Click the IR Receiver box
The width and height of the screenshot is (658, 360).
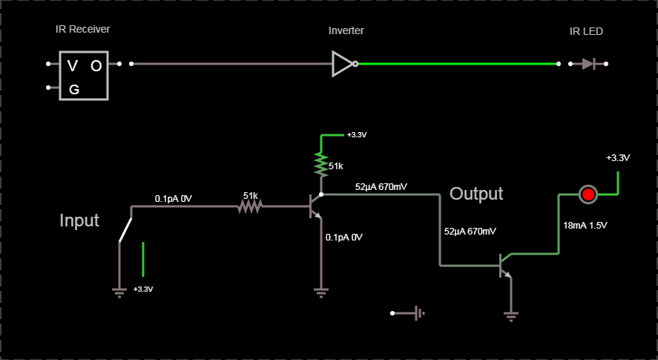pyautogui.click(x=84, y=76)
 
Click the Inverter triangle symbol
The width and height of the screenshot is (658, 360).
pyautogui.click(x=343, y=64)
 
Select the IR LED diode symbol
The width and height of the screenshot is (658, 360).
pyautogui.click(x=588, y=64)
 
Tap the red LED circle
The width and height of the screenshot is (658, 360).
pyautogui.click(x=588, y=194)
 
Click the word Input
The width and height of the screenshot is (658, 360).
pyautogui.click(x=79, y=221)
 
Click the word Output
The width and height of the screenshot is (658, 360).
pyautogui.click(x=476, y=194)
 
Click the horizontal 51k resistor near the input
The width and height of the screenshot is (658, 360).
pyautogui.click(x=250, y=208)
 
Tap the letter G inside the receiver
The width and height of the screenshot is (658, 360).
pyautogui.click(x=74, y=90)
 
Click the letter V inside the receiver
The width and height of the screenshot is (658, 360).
pyautogui.click(x=72, y=66)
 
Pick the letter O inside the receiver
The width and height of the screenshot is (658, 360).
pyautogui.click(x=96, y=66)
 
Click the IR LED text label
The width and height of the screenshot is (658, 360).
pyautogui.click(x=586, y=31)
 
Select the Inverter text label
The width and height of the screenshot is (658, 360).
pyautogui.click(x=346, y=31)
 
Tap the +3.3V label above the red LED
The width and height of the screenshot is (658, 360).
pyautogui.click(x=617, y=158)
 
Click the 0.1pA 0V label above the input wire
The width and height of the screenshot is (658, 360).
pyautogui.click(x=173, y=199)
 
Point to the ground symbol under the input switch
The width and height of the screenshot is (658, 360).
pyautogui.click(x=119, y=291)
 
